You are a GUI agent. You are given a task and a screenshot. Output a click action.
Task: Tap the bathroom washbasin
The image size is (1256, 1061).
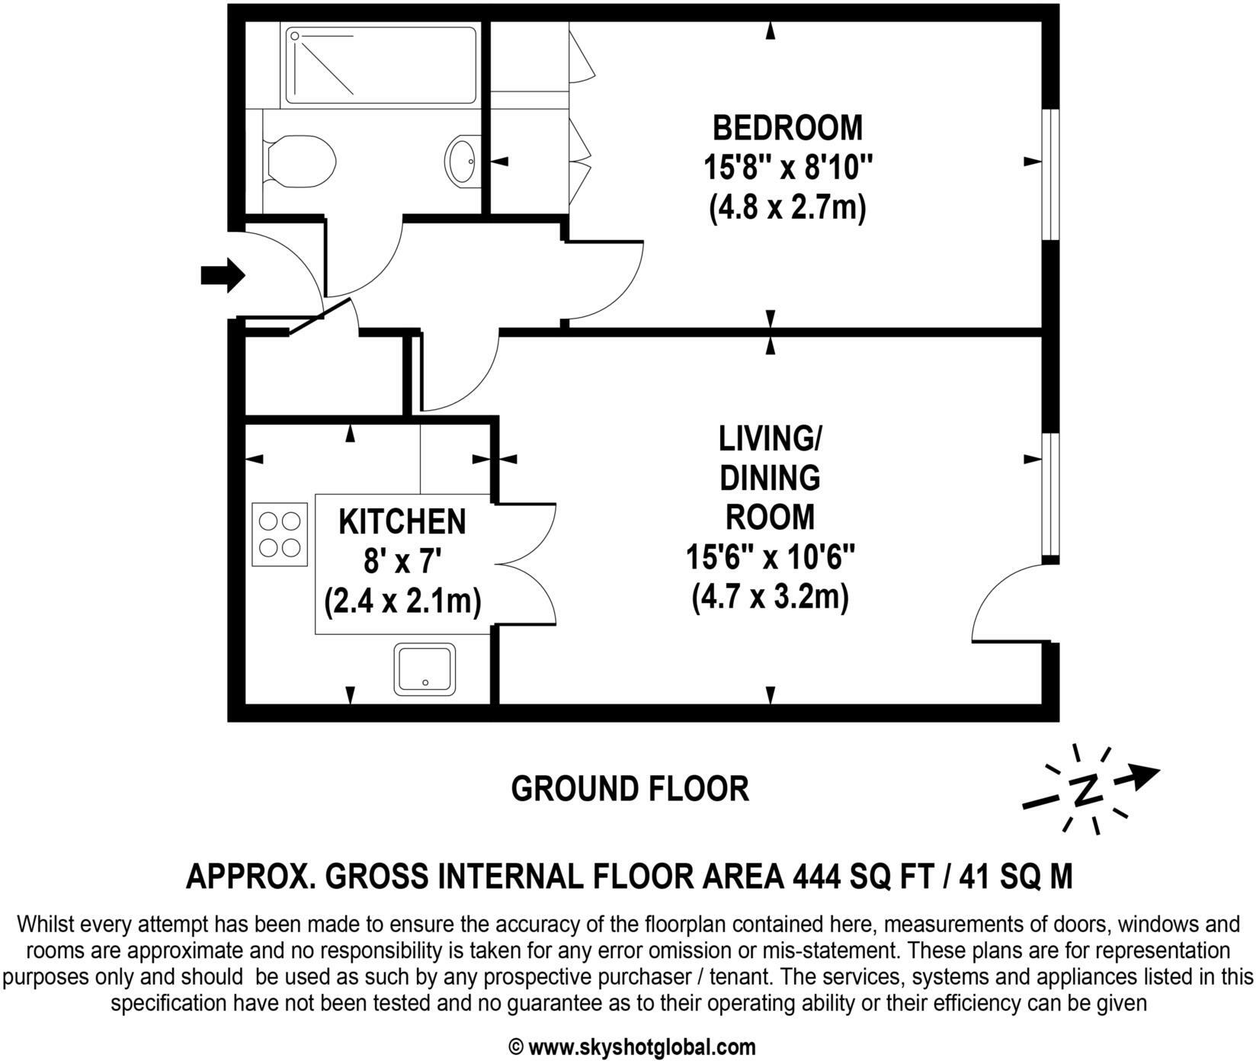click(x=462, y=160)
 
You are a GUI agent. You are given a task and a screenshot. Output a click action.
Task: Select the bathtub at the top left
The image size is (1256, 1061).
click(x=380, y=65)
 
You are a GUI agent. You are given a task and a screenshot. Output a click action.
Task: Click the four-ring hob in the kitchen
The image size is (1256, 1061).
click(x=279, y=534)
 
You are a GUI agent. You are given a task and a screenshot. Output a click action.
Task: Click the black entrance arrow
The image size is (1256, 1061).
click(x=222, y=274)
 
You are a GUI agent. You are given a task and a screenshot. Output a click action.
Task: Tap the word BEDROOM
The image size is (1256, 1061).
click(x=787, y=127)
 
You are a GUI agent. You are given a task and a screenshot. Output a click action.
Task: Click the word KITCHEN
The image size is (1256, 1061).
click(x=402, y=522)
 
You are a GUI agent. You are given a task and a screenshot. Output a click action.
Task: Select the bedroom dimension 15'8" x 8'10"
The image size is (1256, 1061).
click(x=787, y=167)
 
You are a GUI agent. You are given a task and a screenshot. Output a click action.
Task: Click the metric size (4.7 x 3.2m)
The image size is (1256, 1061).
click(x=771, y=596)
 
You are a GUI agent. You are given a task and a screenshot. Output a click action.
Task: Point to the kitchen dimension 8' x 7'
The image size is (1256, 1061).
click(x=402, y=563)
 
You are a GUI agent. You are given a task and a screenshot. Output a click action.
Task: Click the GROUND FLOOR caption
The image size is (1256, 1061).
click(x=630, y=788)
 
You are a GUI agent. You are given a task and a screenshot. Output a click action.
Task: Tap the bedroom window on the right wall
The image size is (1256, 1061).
click(x=1050, y=175)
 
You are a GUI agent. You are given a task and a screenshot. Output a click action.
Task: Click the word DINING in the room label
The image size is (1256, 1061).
click(x=771, y=478)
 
